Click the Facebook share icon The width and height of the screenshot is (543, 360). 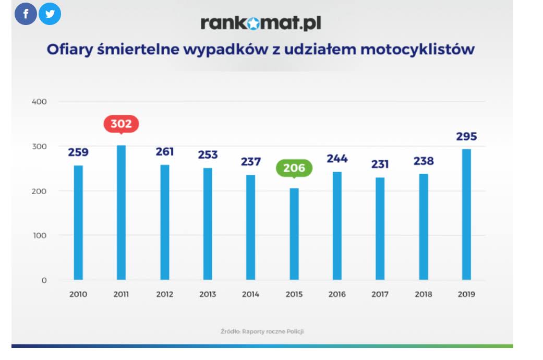[x=26, y=14]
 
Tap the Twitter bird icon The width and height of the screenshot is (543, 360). [x=50, y=14]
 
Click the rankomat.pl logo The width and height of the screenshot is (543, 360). [x=260, y=23]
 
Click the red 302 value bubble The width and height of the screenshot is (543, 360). [x=121, y=124]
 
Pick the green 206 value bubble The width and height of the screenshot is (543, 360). [x=294, y=169]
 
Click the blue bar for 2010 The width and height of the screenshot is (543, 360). [x=78, y=222]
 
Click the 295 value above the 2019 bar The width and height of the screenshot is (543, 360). [x=466, y=137]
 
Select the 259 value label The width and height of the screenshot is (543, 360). [x=78, y=152]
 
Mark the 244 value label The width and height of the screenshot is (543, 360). [x=337, y=159]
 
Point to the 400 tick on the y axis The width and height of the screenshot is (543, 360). [x=40, y=101]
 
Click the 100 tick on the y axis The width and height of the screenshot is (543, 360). [x=40, y=235]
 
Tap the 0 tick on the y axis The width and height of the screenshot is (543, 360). [x=44, y=280]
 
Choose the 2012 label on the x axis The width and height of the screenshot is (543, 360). [x=164, y=294]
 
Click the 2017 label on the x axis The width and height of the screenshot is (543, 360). [x=380, y=294]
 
